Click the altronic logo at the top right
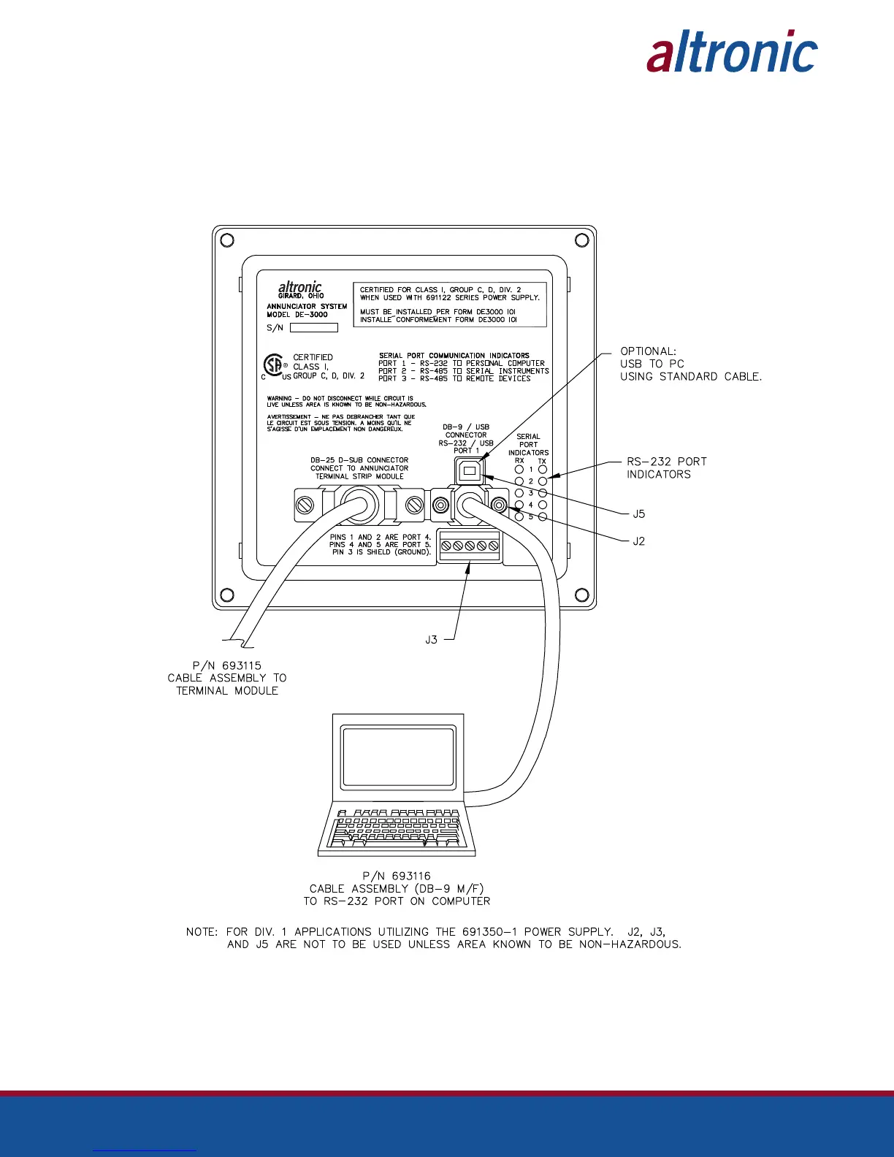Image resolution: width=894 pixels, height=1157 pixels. point(732,52)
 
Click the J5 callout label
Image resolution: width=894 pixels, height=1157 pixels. point(639,514)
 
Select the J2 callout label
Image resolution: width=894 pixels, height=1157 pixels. point(639,541)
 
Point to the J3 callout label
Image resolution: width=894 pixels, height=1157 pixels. point(432,640)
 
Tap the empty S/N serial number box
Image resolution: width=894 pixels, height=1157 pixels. point(314,328)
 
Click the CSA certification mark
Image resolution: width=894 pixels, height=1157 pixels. point(274,364)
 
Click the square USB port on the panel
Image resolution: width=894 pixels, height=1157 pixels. point(470,471)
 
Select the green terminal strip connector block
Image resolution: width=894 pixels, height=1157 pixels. point(470,546)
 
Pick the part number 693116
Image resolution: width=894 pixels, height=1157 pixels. point(411,876)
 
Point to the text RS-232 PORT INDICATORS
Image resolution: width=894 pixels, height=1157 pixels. point(666,467)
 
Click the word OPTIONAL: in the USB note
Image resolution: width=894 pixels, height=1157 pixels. point(648,351)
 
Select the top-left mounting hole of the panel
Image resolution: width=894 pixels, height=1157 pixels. point(227,240)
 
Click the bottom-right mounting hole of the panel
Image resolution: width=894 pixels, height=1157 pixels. point(582,595)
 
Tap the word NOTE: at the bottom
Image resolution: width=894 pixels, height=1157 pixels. point(202,932)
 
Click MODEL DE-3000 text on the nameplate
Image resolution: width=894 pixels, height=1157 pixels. point(297,315)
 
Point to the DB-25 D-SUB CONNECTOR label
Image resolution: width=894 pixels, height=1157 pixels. point(359,460)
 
